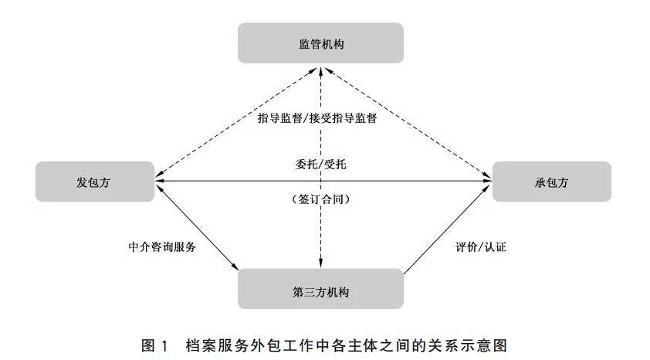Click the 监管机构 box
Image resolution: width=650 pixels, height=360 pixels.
point(320,43)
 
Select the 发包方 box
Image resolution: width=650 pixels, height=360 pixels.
point(95,182)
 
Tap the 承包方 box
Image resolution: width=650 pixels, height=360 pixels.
point(552,182)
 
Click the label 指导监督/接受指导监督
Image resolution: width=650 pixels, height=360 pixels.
point(317,118)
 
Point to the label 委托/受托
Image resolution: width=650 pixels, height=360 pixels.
point(320,165)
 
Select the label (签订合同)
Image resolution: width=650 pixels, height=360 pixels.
point(320,199)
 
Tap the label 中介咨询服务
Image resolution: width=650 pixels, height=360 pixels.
point(162,247)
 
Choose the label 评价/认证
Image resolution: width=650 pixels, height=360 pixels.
point(481,247)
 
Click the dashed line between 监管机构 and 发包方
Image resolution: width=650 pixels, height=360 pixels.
point(236,123)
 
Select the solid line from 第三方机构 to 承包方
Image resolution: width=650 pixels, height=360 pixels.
point(448,229)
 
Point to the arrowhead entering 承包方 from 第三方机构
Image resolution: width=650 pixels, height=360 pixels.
point(488,188)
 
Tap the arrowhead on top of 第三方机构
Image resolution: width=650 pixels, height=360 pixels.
point(320,263)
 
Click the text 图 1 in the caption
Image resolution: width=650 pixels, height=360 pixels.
point(155,345)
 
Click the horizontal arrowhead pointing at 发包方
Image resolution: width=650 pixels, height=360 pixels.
point(160,181)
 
